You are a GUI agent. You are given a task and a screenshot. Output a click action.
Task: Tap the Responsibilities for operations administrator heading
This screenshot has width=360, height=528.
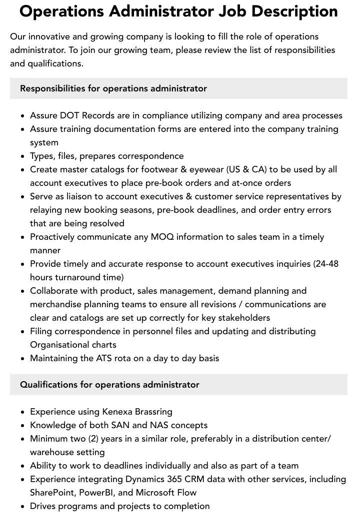tap(113, 88)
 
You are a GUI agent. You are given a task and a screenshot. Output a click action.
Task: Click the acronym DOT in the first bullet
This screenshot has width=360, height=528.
tap(69, 115)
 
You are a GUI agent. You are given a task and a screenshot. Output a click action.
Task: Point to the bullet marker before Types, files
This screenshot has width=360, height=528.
tap(23, 156)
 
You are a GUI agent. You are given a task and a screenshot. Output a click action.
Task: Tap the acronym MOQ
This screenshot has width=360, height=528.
tap(162, 237)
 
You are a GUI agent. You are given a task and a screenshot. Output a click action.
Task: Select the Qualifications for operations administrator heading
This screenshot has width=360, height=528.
tap(109, 385)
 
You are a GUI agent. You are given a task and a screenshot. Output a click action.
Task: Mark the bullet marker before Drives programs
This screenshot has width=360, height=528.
tap(23, 507)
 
